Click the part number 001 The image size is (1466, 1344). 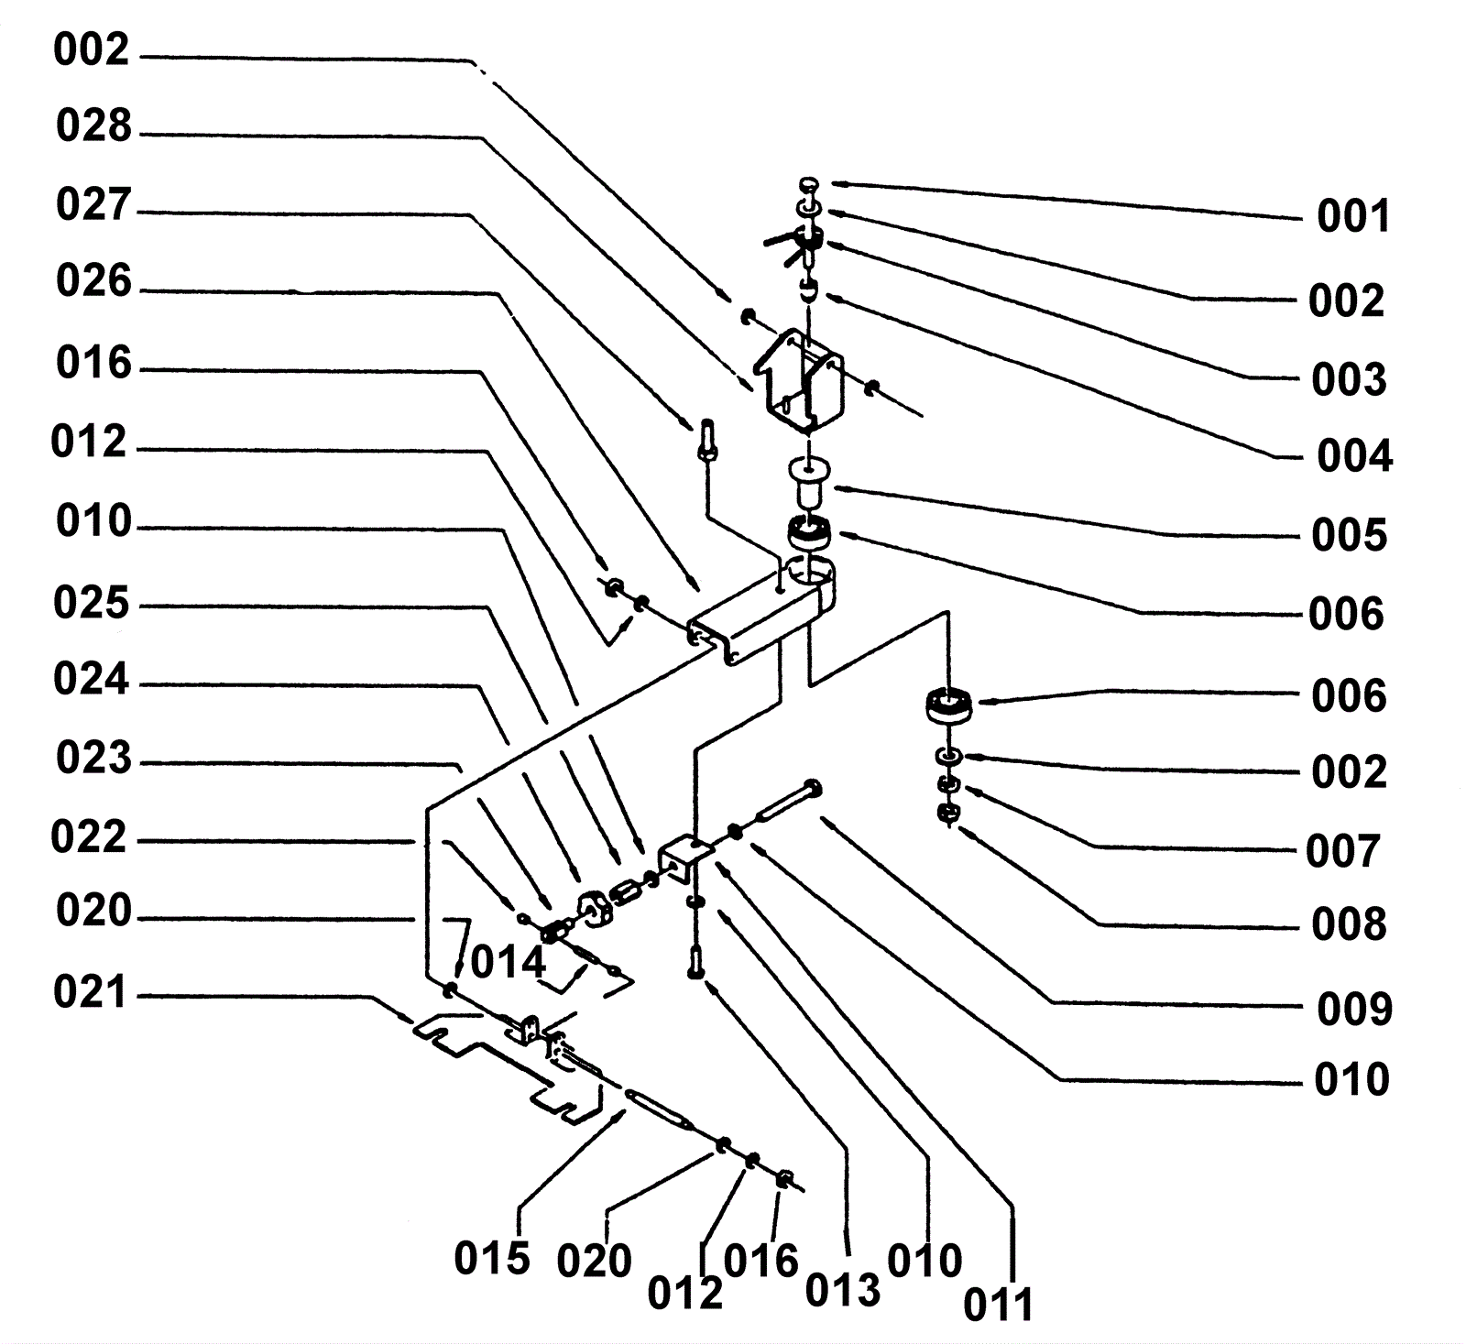pyautogui.click(x=1353, y=217)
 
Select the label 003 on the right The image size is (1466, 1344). pyautogui.click(x=1348, y=379)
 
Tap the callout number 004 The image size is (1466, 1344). pyautogui.click(x=1354, y=455)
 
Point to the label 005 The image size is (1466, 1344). pyautogui.click(x=1349, y=535)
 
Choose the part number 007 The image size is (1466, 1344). pyautogui.click(x=1342, y=851)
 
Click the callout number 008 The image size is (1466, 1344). pyautogui.click(x=1348, y=925)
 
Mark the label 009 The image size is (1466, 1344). pyautogui.click(x=1354, y=1009)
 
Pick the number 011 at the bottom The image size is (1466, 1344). pyautogui.click(x=998, y=1305)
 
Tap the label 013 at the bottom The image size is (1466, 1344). pyautogui.click(x=842, y=1290)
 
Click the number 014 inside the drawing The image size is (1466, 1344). pyautogui.click(x=509, y=963)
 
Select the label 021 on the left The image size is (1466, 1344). pyautogui.click(x=90, y=991)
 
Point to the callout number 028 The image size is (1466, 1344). pyautogui.click(x=93, y=126)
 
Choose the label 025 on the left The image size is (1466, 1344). pyautogui.click(x=91, y=604)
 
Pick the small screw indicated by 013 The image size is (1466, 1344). pyautogui.click(x=695, y=961)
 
